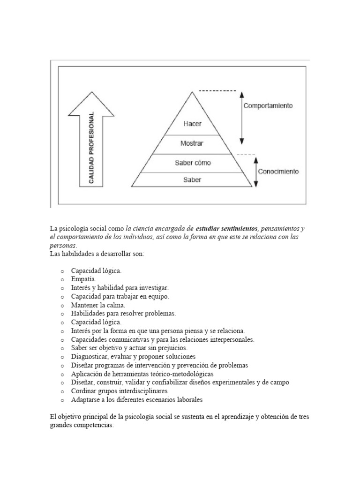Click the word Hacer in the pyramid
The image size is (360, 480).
[x=193, y=124]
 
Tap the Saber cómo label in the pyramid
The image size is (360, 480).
[x=193, y=163]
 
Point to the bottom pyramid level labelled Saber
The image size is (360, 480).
[x=193, y=180]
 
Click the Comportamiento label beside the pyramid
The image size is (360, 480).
[x=268, y=106]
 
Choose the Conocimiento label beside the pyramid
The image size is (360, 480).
[x=277, y=172]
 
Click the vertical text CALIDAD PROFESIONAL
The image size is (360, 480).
[x=91, y=148]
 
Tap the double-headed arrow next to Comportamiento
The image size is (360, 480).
[x=241, y=117]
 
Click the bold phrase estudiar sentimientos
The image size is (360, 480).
[x=227, y=228]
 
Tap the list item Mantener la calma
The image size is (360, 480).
[x=98, y=305]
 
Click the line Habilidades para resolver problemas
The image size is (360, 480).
[x=123, y=314]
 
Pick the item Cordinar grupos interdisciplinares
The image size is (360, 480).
[x=119, y=391]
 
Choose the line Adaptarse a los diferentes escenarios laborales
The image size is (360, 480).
[x=137, y=400]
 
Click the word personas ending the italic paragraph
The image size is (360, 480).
[x=62, y=246]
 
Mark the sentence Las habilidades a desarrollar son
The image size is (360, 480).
[x=97, y=254]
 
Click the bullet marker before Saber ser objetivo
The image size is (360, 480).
[x=62, y=348]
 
